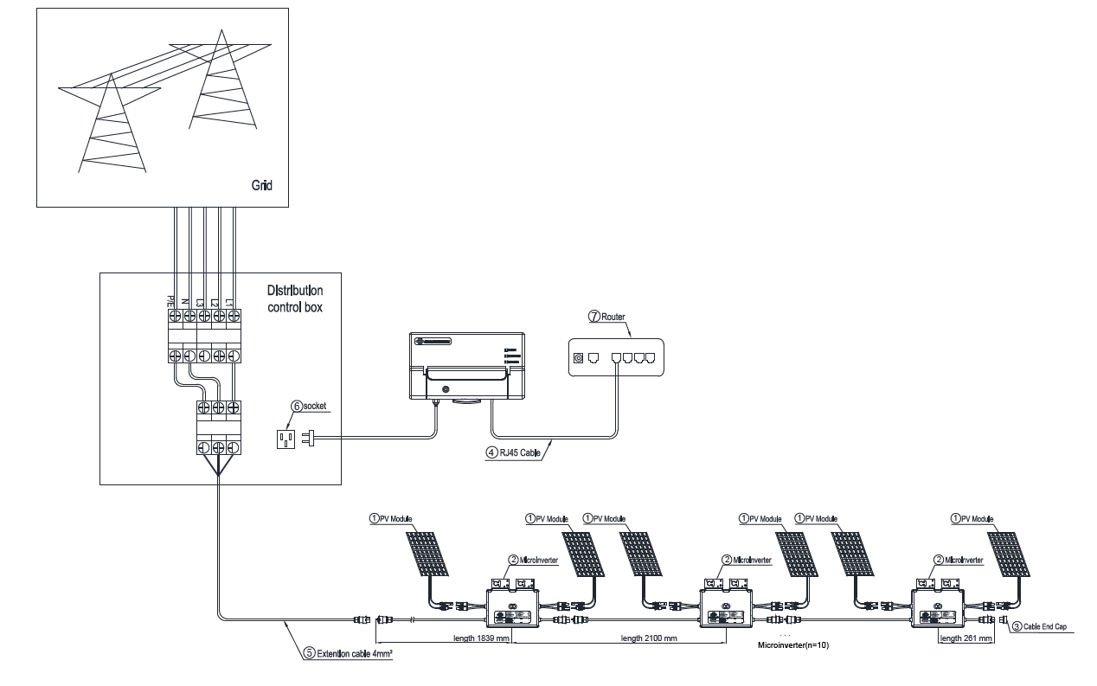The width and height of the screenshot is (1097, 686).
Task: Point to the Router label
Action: click(x=613, y=318)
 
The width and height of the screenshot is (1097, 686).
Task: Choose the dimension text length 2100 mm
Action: click(x=648, y=638)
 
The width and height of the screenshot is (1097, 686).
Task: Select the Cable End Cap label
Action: click(x=1042, y=626)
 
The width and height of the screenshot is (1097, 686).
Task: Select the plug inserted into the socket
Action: click(x=308, y=439)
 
